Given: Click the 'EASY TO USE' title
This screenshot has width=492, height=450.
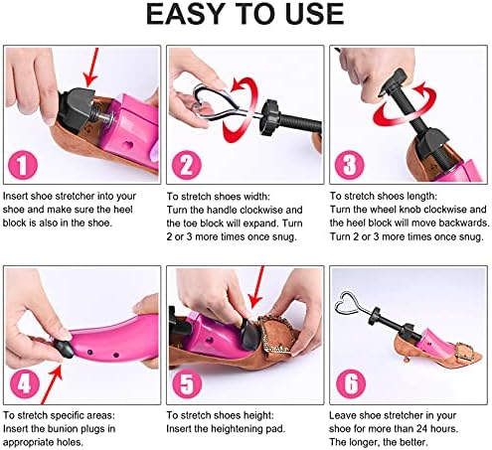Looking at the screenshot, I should point(246,15).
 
